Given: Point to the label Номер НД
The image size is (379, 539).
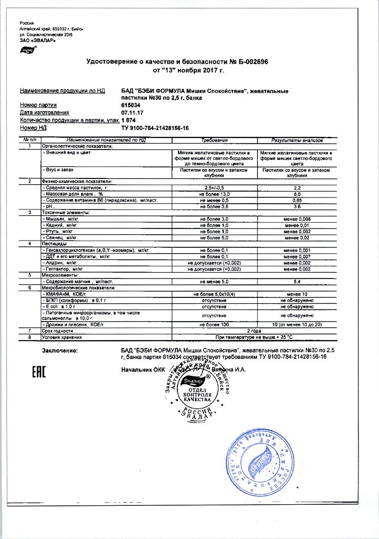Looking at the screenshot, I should pos(34,127).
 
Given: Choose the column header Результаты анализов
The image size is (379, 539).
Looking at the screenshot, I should pos(298,141).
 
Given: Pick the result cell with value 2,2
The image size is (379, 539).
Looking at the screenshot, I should pos(298,188).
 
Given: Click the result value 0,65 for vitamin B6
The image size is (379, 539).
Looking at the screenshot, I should pos(298,201).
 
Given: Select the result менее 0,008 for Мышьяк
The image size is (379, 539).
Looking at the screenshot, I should pos(298,218).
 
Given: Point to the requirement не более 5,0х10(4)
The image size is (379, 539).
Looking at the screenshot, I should pos(214,294).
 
